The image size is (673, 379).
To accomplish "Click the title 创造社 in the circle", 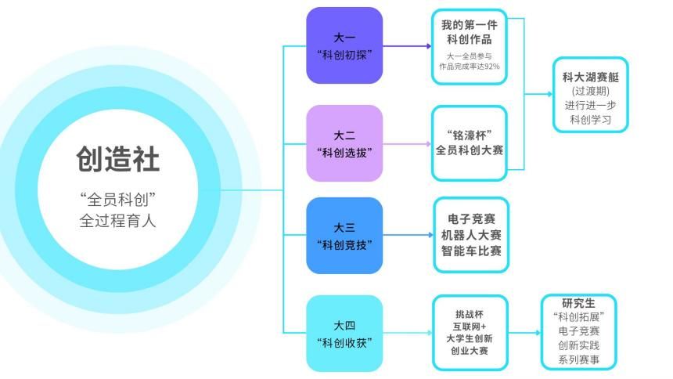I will (117, 159).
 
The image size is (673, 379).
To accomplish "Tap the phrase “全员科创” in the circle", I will (117, 198).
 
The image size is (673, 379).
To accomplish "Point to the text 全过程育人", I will (117, 220).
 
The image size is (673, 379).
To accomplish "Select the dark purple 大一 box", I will (344, 45).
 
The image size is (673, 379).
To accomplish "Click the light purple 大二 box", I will (344, 143).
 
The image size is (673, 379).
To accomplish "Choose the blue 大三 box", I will (344, 236).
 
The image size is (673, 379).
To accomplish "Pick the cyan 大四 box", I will (344, 333).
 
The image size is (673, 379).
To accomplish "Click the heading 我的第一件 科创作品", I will (470, 31).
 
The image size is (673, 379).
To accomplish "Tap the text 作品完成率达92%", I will (470, 67).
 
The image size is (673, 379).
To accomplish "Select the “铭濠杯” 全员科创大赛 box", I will (470, 143).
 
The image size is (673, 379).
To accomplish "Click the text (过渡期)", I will (591, 92).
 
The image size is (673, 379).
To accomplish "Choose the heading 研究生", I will (578, 303).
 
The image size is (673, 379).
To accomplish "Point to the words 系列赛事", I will (578, 359).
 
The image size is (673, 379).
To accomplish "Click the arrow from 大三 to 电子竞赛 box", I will (407, 235).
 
